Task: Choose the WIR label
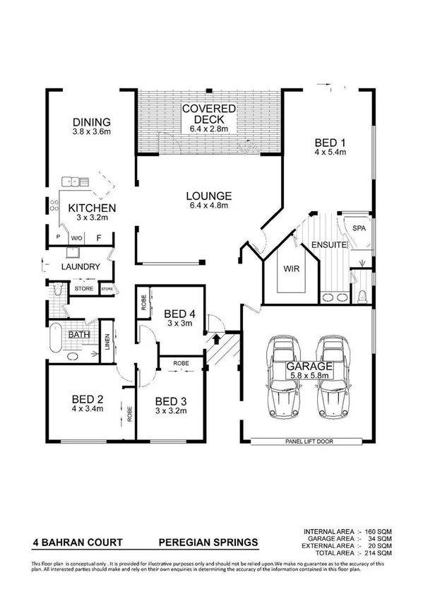pyautogui.click(x=286, y=269)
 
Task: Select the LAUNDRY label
pyautogui.click(x=78, y=268)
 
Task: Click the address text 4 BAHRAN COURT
pyautogui.click(x=78, y=543)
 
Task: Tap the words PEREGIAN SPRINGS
pyautogui.click(x=207, y=543)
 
